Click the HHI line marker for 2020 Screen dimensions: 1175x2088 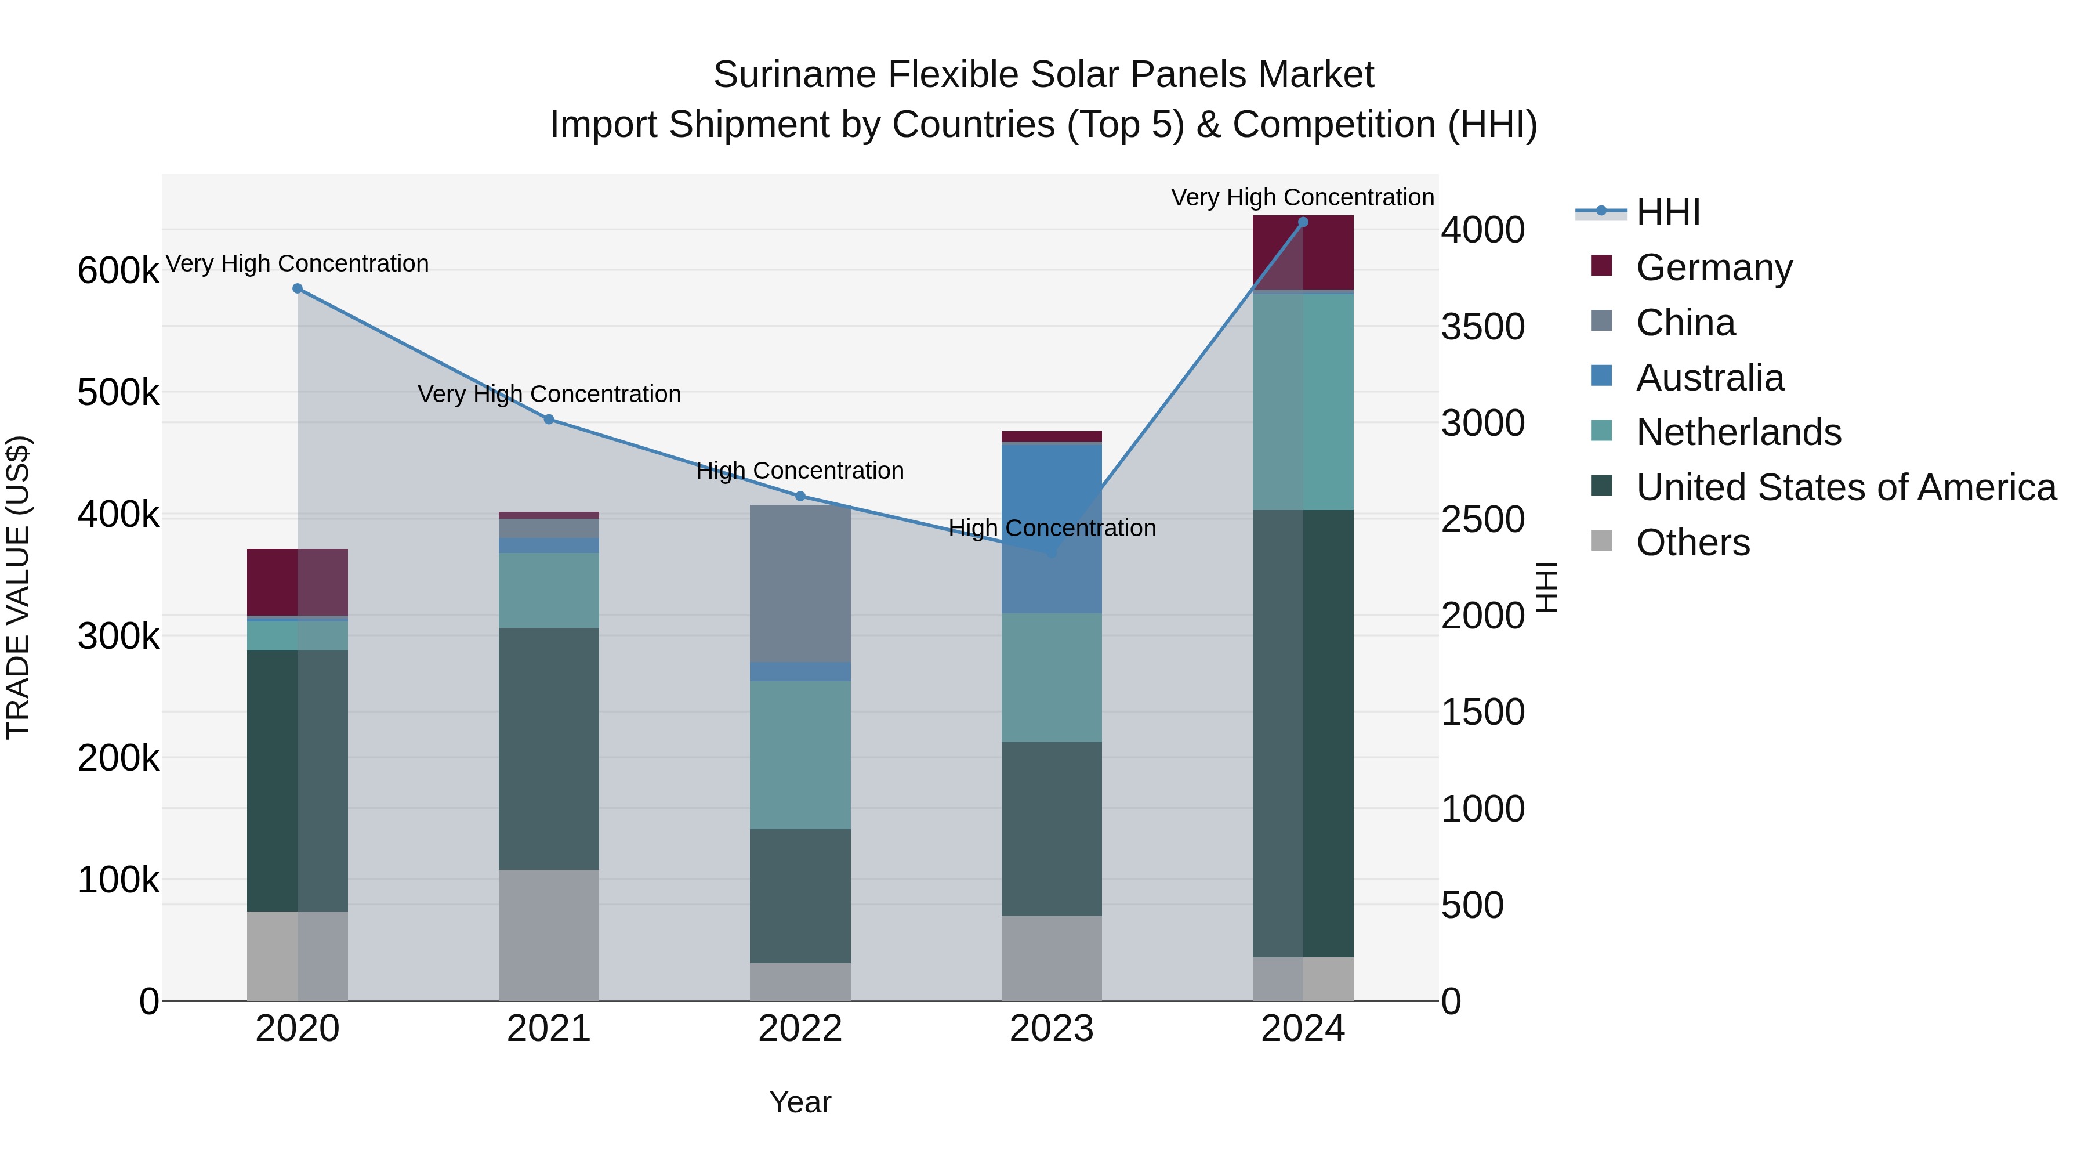298,289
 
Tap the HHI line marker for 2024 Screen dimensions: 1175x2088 1303,222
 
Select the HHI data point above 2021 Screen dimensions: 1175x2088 549,420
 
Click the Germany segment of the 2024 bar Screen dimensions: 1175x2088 1303,252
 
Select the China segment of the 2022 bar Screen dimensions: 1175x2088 800,583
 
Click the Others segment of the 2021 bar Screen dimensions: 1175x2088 549,935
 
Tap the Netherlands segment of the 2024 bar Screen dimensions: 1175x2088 1303,402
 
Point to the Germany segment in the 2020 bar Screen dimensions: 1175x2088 298,582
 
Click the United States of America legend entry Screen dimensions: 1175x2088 1846,487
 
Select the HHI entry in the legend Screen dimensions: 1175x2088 1667,212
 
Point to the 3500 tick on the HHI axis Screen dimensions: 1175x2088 1482,327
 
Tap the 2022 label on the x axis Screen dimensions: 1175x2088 800,1029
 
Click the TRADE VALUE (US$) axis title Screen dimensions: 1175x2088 18,587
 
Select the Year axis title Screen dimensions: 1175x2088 800,1102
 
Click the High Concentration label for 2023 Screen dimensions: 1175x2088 1052,528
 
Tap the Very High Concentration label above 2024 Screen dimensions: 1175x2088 1303,197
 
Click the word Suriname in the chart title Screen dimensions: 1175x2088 795,75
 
